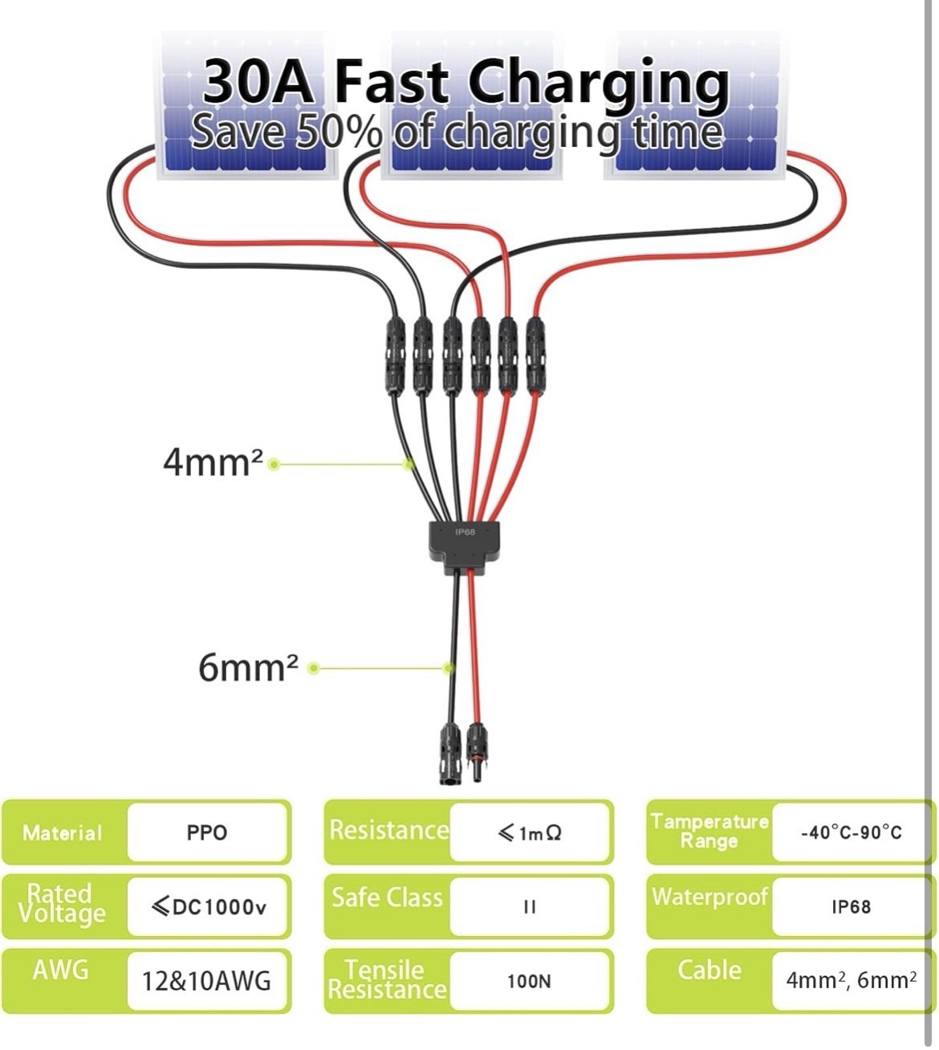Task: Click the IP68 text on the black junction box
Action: (465, 531)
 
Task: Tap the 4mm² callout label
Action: (213, 462)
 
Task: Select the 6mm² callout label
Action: (248, 668)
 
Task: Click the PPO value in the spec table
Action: (207, 832)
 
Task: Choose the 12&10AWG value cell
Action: (206, 981)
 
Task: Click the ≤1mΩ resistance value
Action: (529, 833)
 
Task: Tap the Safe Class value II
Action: (530, 907)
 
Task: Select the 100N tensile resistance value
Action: (529, 981)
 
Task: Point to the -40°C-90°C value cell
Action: (852, 832)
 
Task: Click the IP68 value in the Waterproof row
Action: (852, 907)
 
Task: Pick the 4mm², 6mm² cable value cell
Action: (852, 980)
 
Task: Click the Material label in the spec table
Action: (63, 833)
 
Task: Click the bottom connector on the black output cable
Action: (449, 754)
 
